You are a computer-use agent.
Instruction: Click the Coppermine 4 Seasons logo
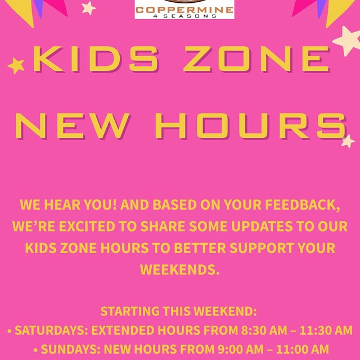[184, 9]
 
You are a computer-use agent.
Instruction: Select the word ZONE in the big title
[257, 58]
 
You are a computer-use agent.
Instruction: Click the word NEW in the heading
[73, 126]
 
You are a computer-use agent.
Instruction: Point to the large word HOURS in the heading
[250, 126]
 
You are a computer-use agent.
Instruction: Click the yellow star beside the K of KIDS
[16, 66]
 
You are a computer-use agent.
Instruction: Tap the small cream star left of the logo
[89, 8]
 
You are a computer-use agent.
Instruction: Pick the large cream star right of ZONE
[347, 41]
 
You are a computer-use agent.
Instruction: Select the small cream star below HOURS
[348, 141]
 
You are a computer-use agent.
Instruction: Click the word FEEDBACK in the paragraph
[303, 205]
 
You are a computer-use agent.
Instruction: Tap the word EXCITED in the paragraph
[87, 226]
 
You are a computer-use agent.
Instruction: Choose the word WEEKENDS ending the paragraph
[180, 269]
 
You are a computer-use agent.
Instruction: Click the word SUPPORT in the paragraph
[262, 248]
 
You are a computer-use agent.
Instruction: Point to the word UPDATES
[262, 226]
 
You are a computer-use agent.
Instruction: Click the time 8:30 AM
[264, 330]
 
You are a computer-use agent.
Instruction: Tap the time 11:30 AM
[326, 330]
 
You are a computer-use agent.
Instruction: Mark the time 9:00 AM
[240, 349]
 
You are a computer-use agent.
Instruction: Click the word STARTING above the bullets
[130, 311]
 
